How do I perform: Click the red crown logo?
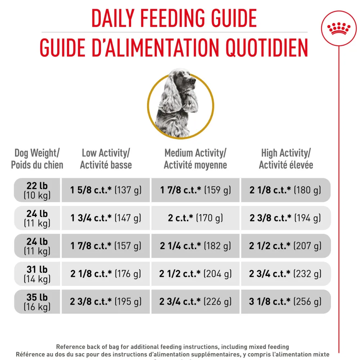click(339, 28)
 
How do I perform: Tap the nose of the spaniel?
click(193, 81)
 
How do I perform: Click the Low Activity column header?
click(106, 159)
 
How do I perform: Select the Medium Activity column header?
click(195, 159)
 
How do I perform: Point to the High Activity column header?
click(286, 159)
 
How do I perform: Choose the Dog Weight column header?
click(37, 159)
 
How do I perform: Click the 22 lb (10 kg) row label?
click(37, 190)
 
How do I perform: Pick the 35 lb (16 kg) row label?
click(37, 301)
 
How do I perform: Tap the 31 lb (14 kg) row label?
click(37, 274)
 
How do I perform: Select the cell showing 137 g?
click(106, 190)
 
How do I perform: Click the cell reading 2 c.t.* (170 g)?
click(195, 218)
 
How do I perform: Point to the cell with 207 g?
click(286, 246)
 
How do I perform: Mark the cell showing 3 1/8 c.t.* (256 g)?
click(286, 301)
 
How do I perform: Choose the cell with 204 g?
click(195, 274)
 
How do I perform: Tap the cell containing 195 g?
click(106, 301)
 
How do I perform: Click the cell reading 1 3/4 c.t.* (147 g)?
click(106, 218)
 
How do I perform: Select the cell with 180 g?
click(286, 190)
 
